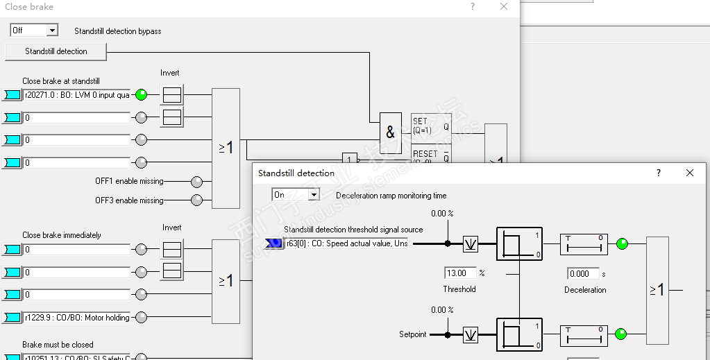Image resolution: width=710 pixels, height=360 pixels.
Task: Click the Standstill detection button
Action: (56, 51)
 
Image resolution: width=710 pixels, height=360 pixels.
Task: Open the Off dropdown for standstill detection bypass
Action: (52, 31)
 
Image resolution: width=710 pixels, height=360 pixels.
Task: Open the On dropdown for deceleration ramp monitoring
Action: (314, 195)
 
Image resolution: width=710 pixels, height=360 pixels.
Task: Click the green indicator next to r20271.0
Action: (142, 95)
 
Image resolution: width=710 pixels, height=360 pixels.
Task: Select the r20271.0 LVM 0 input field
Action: (76, 95)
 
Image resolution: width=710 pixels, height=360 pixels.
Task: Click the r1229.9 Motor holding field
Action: (76, 318)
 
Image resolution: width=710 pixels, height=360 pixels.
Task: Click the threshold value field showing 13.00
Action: (460, 273)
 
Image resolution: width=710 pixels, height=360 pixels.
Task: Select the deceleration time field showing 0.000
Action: (583, 273)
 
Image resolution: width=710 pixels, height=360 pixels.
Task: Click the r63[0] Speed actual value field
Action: (346, 243)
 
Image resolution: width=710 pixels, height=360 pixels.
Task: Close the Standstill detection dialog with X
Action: (690, 173)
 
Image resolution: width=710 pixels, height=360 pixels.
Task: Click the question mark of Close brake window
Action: (473, 7)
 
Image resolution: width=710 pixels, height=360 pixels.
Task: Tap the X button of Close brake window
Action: (505, 7)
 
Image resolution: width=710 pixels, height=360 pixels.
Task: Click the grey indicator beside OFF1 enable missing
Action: (197, 182)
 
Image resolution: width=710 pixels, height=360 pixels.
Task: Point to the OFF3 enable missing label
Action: (129, 200)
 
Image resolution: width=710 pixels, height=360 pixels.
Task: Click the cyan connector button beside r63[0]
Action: (274, 243)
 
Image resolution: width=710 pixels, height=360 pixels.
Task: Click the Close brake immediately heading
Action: (61, 235)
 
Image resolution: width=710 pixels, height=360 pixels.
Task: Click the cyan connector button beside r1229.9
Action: (12, 318)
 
